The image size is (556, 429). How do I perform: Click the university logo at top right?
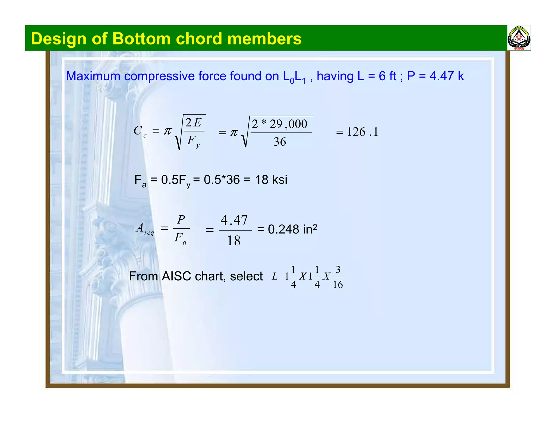pos(519,38)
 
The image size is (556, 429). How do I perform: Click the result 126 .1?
pos(362,132)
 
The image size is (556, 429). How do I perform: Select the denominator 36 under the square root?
pos(280,142)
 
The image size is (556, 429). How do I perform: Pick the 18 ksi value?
pos(271,180)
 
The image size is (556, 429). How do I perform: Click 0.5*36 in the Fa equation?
pos(222,180)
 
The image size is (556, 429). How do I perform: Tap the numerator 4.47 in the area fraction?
pos(234,220)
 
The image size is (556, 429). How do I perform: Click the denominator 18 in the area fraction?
pos(234,241)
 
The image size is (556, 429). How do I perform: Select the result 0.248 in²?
pos(292,229)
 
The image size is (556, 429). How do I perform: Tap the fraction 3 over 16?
pos(338,277)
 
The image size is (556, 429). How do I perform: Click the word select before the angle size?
pos(246,276)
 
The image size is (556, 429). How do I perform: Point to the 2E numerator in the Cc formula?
pos(193,123)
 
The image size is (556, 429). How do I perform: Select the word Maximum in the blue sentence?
pos(93,76)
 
